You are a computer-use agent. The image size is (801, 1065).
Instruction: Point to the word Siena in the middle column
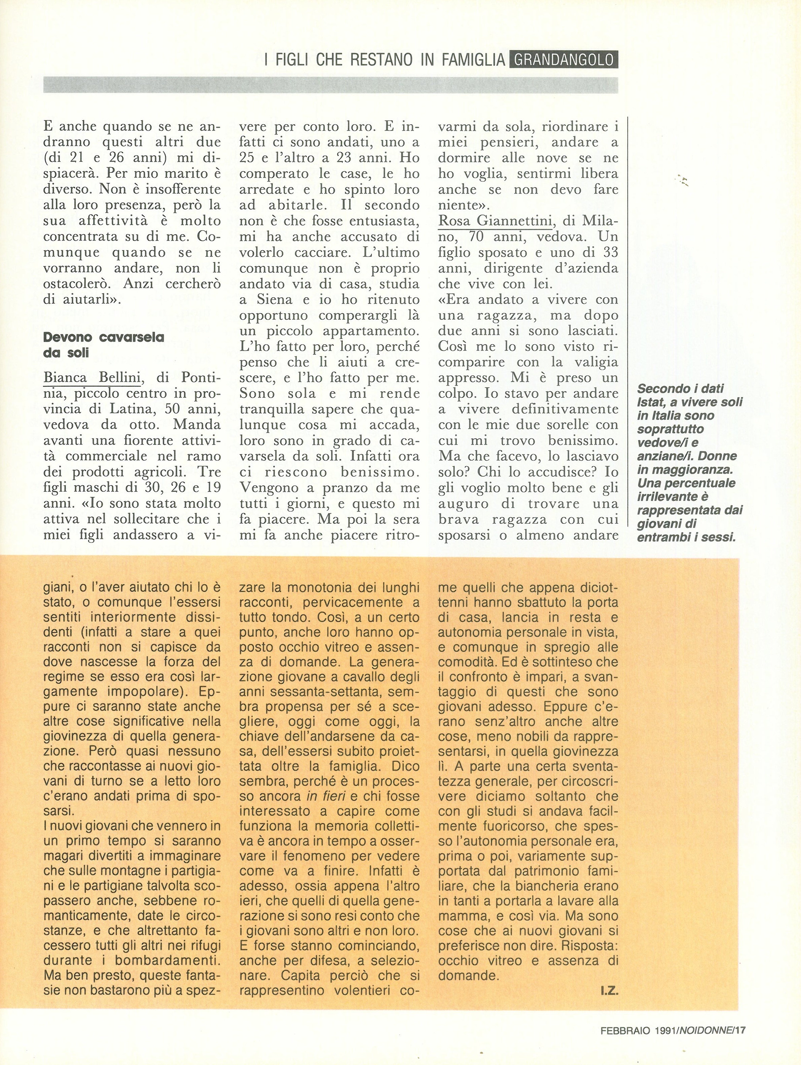click(x=269, y=299)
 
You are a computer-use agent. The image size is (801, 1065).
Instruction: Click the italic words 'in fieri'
click(x=325, y=796)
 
